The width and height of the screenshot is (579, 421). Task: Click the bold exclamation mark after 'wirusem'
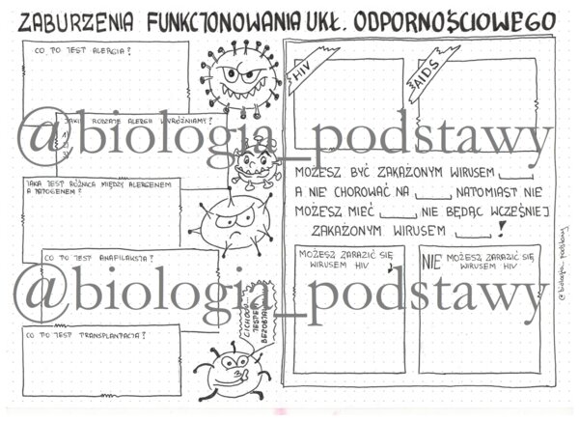[x=500, y=230]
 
